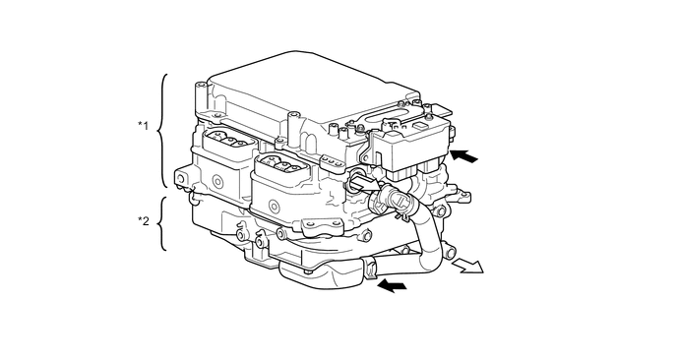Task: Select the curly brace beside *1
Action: point(164,130)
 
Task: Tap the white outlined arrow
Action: point(468,266)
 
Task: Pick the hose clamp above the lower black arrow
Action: point(371,268)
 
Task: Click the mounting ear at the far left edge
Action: point(181,177)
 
